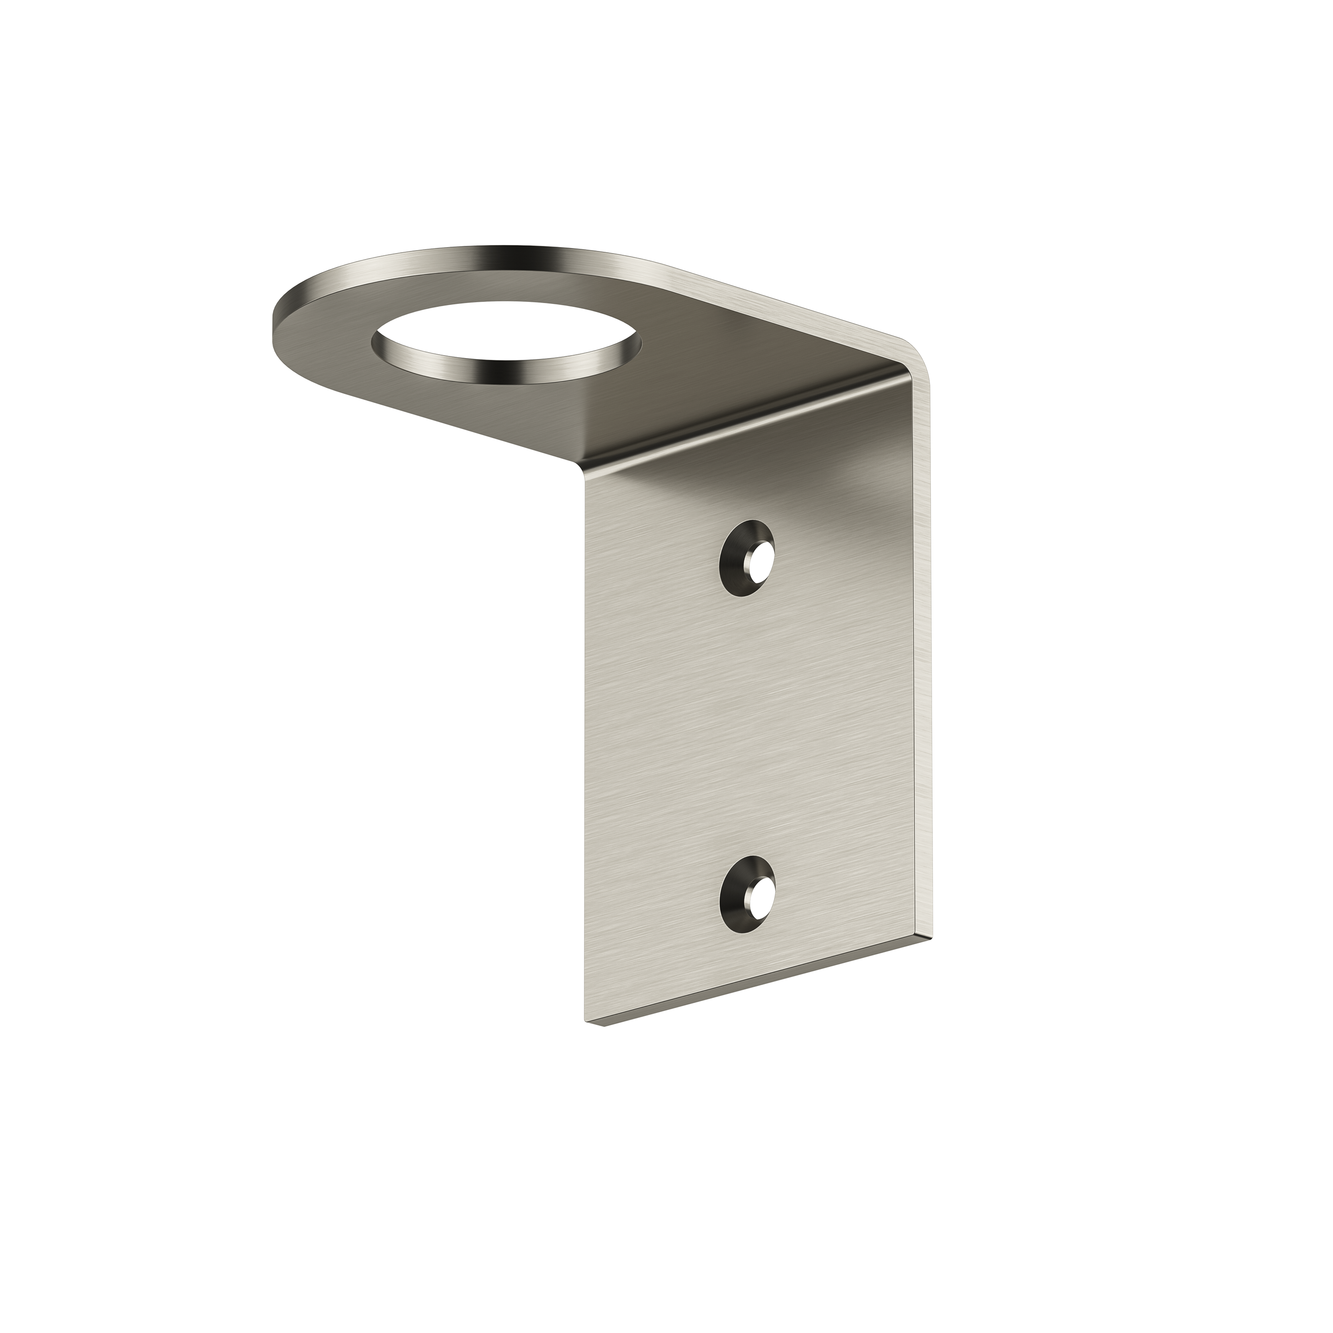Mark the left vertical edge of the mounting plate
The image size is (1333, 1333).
(588, 759)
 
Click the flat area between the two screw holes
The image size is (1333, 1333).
(752, 725)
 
